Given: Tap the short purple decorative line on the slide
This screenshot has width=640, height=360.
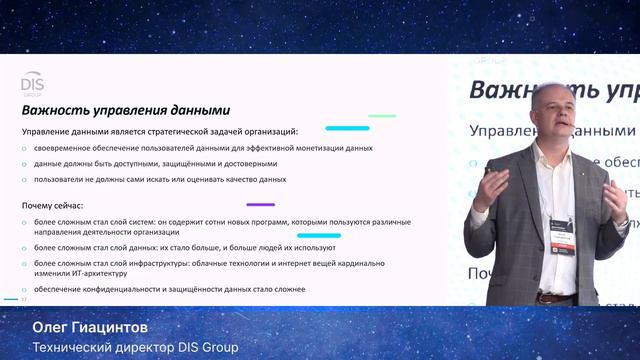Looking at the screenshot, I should (x=260, y=204).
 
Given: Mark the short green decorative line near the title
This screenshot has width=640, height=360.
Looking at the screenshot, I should (x=382, y=117).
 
